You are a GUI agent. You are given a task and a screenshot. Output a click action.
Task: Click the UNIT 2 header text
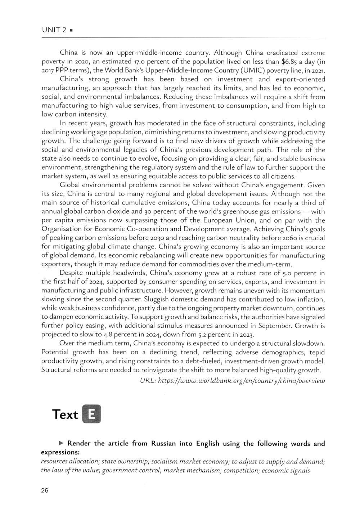pyautogui.click(x=54, y=30)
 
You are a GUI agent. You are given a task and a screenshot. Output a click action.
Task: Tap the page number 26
pyautogui.click(x=45, y=490)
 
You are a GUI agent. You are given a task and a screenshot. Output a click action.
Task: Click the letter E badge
pyautogui.click(x=91, y=414)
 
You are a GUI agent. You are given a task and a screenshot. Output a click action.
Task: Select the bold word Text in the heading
pyautogui.click(x=65, y=414)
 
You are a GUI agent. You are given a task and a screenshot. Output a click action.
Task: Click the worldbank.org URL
pyautogui.click(x=241, y=380)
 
